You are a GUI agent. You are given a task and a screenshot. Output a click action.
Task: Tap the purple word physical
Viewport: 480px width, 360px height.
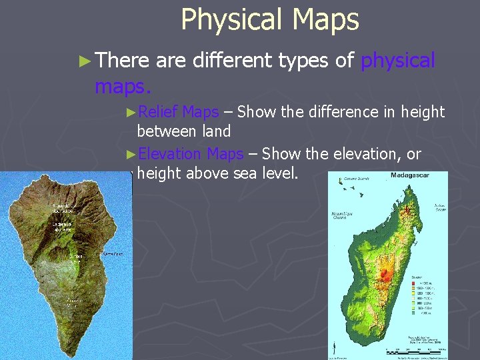pos(397,61)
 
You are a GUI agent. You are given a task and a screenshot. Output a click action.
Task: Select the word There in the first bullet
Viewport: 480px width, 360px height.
pos(123,61)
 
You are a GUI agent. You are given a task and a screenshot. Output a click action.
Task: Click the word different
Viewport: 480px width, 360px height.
pos(232,61)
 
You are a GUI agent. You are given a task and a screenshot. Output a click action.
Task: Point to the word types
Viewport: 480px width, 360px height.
pos(303,61)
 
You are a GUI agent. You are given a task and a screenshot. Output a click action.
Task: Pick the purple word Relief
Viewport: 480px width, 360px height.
pos(159,112)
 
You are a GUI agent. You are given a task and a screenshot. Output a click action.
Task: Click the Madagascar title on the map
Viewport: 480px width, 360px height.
pos(409,175)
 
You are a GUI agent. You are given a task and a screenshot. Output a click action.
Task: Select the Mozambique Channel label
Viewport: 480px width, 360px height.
pos(343,216)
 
